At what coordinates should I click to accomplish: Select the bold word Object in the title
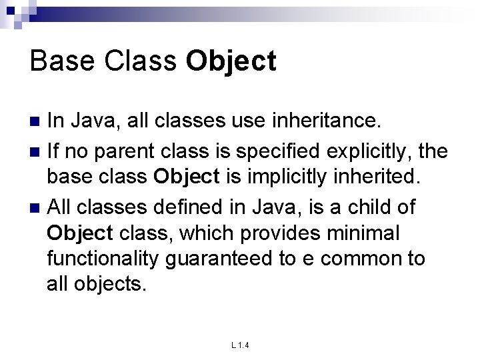pyautogui.click(x=231, y=61)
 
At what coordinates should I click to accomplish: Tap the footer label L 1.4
pyautogui.click(x=239, y=345)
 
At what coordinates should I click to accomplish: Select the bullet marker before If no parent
pyautogui.click(x=37, y=151)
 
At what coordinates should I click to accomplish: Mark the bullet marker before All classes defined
pyautogui.click(x=37, y=208)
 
